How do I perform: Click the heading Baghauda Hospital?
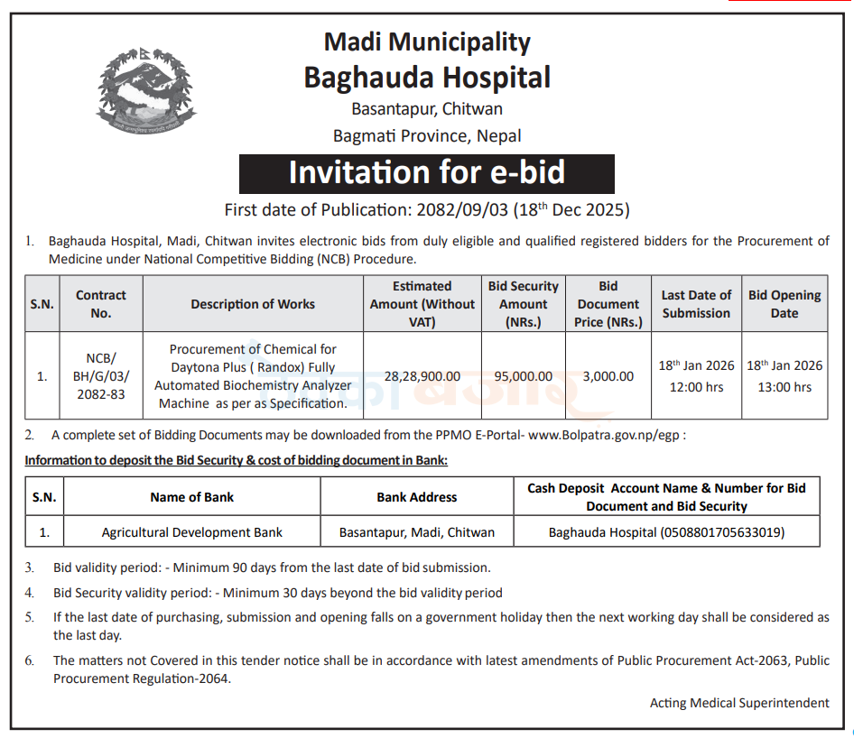point(427,78)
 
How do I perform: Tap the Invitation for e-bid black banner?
point(427,173)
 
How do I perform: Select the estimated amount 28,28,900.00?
point(422,376)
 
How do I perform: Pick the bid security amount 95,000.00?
point(523,376)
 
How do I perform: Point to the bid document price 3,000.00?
point(608,376)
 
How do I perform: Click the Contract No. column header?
point(101,304)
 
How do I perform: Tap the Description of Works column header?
point(253,304)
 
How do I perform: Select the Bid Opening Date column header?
point(784,304)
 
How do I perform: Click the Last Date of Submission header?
point(696,304)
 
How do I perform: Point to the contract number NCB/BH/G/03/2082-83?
point(101,376)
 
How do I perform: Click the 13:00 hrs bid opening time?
point(784,387)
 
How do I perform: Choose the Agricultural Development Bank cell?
point(192,532)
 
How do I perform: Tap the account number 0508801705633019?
point(723,532)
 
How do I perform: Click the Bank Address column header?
point(417,497)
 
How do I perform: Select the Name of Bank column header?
point(192,497)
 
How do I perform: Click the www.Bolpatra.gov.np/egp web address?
point(606,435)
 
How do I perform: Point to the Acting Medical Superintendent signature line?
point(739,703)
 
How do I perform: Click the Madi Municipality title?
point(427,42)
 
